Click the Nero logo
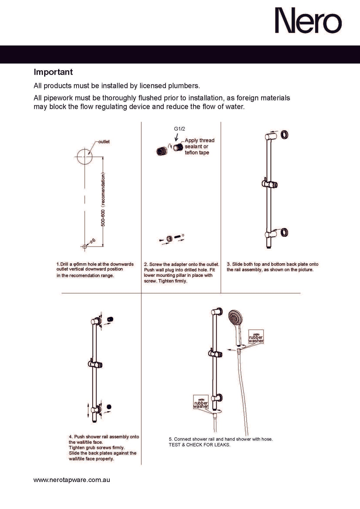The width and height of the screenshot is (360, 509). click(x=308, y=21)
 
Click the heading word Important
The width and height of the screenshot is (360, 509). click(x=53, y=72)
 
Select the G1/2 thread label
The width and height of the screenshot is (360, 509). click(x=179, y=129)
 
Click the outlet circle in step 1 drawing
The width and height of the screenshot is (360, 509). click(x=85, y=156)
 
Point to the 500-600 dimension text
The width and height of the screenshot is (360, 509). click(x=103, y=218)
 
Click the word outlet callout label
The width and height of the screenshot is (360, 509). click(x=104, y=142)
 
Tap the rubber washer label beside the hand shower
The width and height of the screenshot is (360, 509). click(x=256, y=339)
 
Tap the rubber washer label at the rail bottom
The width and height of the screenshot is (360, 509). click(x=201, y=404)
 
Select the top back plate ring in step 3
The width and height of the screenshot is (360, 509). click(x=284, y=135)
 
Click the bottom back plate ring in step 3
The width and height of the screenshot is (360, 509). click(x=284, y=232)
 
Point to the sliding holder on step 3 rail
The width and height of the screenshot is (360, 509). click(x=270, y=184)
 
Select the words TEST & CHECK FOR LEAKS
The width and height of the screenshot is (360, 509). click(x=199, y=445)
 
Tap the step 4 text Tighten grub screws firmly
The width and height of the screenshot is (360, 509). click(x=97, y=448)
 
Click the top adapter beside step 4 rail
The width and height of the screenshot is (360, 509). click(x=110, y=320)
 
